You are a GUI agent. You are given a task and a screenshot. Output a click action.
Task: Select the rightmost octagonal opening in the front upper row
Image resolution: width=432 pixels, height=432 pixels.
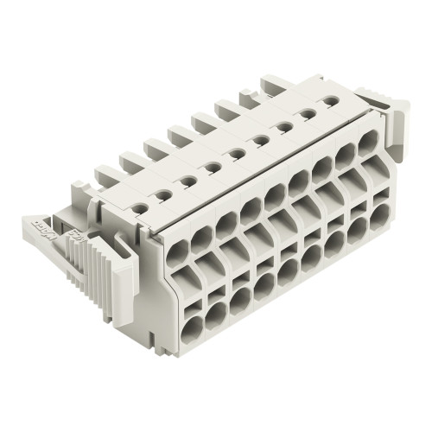(x=367, y=140)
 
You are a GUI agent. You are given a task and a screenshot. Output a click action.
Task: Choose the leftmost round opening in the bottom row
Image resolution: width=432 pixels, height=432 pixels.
(x=191, y=327)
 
